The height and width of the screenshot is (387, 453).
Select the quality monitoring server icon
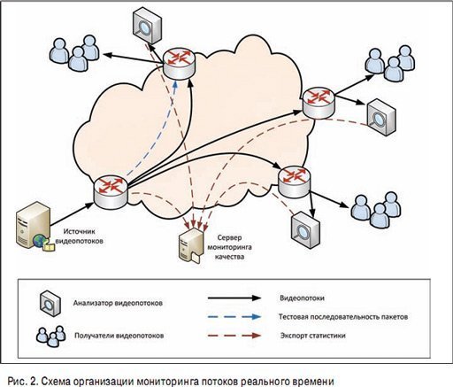pyautogui.click(x=191, y=245)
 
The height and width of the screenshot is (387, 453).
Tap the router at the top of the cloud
pyautogui.click(x=179, y=65)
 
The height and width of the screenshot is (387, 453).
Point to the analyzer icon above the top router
pyautogui.click(x=147, y=26)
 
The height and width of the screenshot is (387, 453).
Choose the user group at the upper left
pyautogui.click(x=73, y=53)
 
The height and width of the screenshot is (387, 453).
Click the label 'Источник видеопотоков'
pyautogui.click(x=80, y=236)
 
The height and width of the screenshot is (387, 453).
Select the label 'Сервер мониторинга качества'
pyautogui.click(x=229, y=247)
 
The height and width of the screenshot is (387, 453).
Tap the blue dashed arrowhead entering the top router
pyautogui.click(x=175, y=85)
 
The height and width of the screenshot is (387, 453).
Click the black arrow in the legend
pyautogui.click(x=234, y=298)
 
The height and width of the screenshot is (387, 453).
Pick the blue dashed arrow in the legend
pyautogui.click(x=234, y=317)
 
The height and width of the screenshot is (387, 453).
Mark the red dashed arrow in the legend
pyautogui.click(x=234, y=336)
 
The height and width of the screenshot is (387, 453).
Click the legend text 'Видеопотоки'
pyautogui.click(x=302, y=298)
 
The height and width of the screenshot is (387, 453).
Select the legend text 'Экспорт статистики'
pyautogui.click(x=312, y=336)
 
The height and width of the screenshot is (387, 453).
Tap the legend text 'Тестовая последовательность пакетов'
pyautogui.click(x=343, y=317)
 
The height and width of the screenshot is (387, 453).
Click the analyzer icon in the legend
pyautogui.click(x=50, y=303)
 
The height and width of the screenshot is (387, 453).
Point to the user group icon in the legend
pyautogui.click(x=51, y=336)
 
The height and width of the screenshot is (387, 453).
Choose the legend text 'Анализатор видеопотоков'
pyautogui.click(x=118, y=303)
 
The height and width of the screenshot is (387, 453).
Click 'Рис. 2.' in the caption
pyautogui.click(x=22, y=381)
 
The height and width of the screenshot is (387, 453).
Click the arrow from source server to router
pyautogui.click(x=73, y=214)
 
